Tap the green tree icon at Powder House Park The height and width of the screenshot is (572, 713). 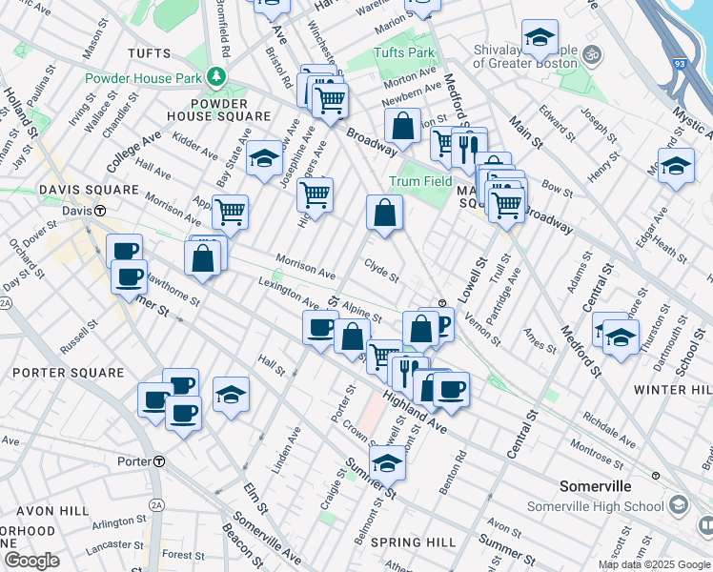219,75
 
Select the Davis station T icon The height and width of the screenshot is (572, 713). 98,210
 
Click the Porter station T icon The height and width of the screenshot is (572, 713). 159,461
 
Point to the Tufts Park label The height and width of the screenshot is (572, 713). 403,52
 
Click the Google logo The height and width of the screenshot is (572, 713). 32,561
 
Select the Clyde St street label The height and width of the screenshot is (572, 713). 380,272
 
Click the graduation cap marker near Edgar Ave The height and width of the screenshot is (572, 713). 676,166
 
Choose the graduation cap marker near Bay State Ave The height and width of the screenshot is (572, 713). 264,158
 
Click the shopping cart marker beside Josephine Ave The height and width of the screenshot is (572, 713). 315,195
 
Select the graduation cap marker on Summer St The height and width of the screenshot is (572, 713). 387,462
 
